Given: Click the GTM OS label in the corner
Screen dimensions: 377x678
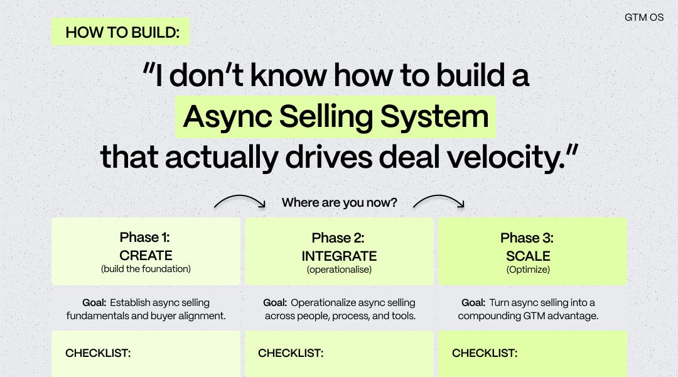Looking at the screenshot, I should click(643, 17).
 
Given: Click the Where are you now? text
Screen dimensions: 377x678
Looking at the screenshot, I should click(339, 202).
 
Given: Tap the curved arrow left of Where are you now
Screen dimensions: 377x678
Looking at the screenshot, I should click(240, 201).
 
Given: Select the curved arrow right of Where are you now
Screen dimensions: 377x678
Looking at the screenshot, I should click(439, 201).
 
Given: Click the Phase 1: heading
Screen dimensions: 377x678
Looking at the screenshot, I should click(145, 238).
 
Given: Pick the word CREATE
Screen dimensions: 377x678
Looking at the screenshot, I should click(146, 256).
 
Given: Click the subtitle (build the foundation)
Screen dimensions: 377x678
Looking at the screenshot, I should click(146, 269).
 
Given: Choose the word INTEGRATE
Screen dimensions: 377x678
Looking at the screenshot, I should click(339, 256).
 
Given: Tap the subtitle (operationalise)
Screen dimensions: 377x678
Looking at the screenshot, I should click(339, 270).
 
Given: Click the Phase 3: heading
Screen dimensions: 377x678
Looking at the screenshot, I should click(527, 238).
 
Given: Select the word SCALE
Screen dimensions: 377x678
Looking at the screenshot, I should click(528, 256).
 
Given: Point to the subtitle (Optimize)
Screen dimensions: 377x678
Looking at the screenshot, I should click(528, 270).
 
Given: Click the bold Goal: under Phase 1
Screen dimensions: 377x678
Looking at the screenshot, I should click(94, 303).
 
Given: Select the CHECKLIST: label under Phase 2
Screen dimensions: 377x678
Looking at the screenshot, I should click(291, 353).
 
